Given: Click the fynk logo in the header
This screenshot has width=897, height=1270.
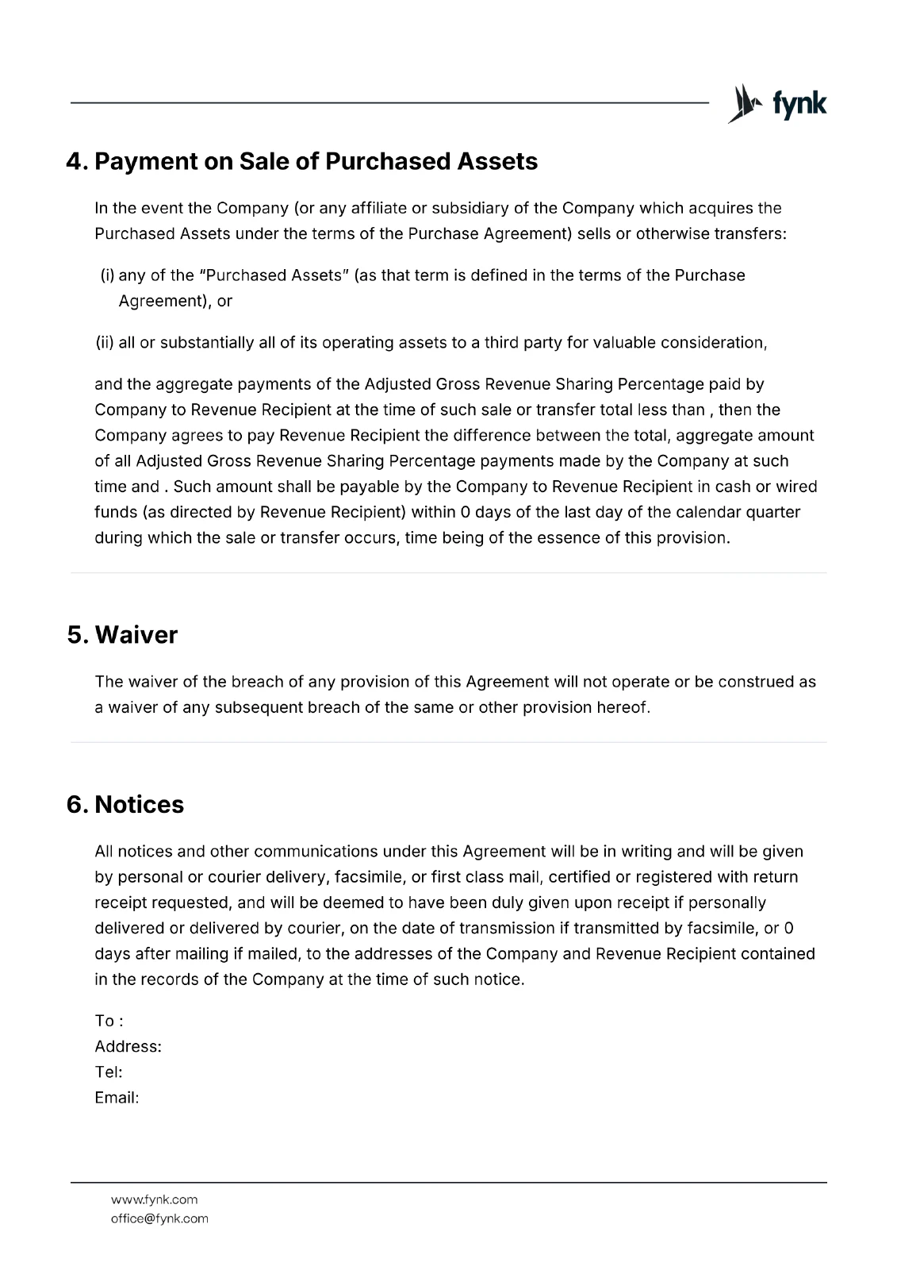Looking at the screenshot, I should [776, 104].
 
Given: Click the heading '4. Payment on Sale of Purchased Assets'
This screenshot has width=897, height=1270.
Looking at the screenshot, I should [302, 162].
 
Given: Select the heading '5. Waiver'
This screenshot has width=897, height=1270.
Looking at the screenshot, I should [122, 635].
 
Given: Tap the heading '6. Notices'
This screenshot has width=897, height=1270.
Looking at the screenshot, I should [125, 805].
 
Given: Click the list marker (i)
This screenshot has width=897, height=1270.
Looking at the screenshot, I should [107, 275].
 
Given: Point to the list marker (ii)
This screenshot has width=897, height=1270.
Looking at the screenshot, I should [105, 343].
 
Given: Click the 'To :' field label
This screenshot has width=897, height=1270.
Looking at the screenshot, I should [109, 1021].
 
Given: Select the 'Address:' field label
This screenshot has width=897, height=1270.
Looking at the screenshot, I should [128, 1046].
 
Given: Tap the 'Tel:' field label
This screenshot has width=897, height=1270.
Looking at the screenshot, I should [108, 1072].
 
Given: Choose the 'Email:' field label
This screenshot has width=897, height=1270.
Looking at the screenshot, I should [117, 1098].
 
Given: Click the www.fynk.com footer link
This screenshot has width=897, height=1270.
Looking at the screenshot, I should [154, 1199].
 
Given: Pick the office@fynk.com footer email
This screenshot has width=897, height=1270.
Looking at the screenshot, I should [159, 1218].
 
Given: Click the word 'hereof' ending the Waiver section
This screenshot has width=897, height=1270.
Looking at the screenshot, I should [625, 707].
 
